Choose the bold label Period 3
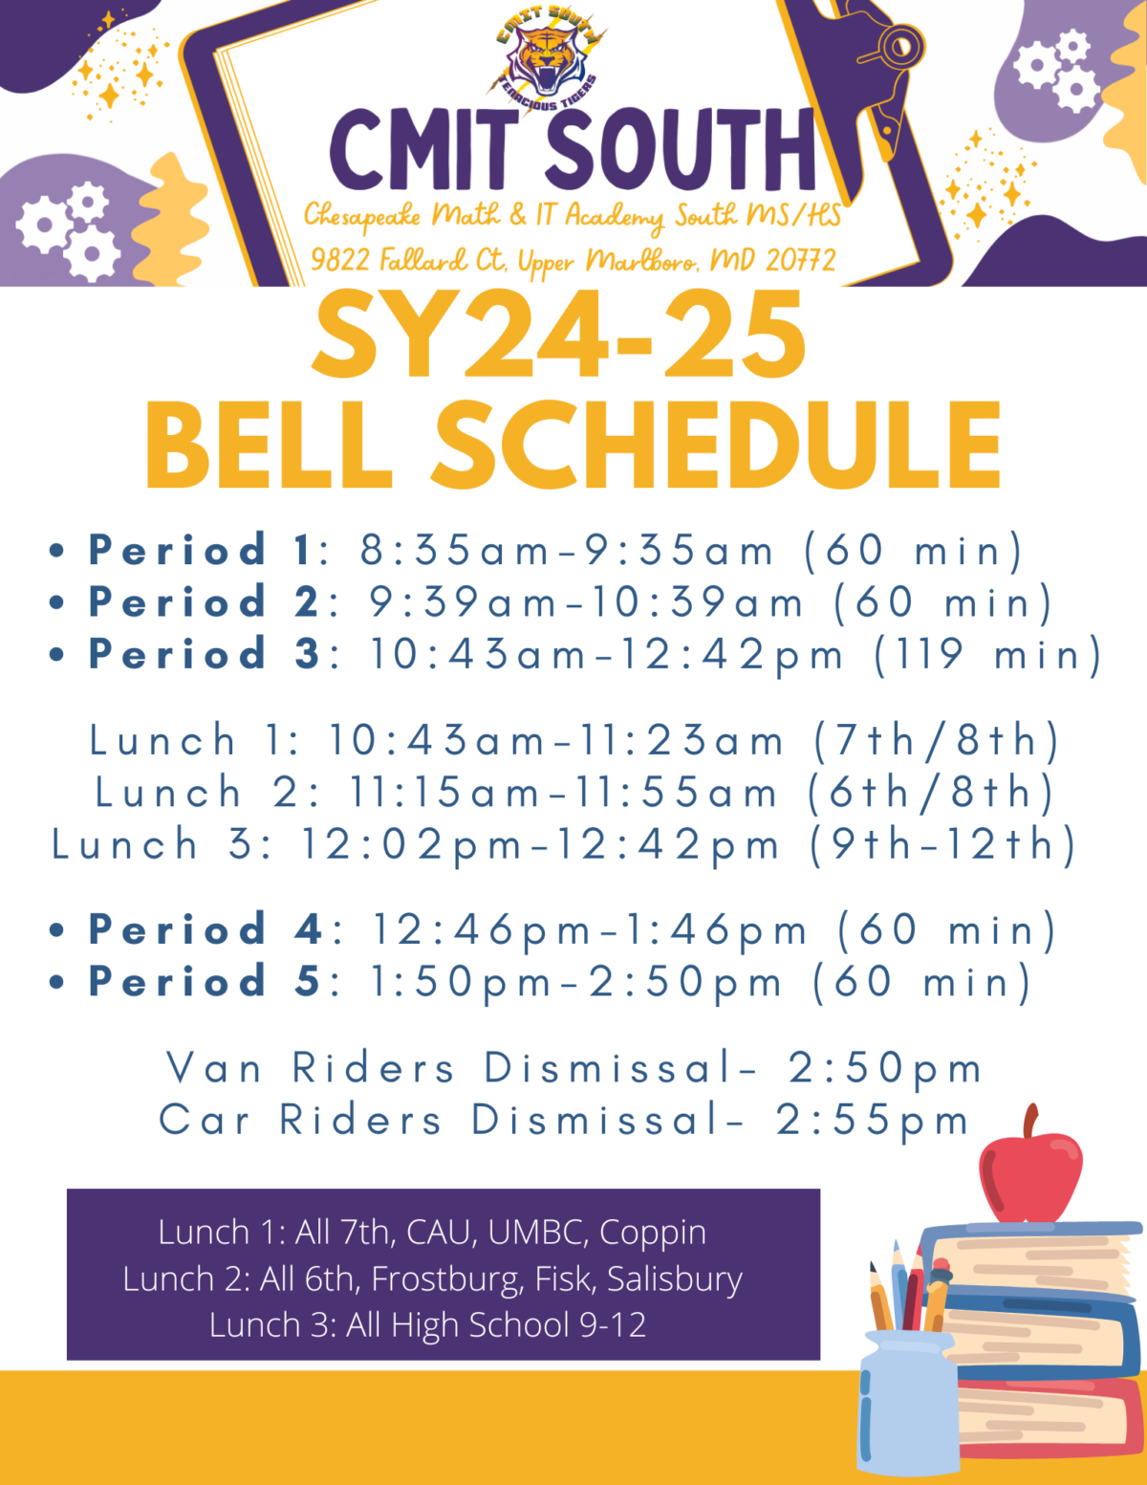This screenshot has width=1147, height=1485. [x=203, y=655]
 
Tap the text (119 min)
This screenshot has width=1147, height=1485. [x=988, y=655]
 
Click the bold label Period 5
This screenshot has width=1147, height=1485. [x=203, y=982]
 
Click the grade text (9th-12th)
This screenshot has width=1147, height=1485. [x=943, y=845]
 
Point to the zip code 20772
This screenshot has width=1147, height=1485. [x=800, y=259]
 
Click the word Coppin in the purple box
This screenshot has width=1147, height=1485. [x=653, y=1233]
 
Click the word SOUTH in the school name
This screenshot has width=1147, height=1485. [x=680, y=149]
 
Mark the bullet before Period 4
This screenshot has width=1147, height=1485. [x=57, y=930]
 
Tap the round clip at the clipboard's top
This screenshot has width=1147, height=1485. [x=900, y=45]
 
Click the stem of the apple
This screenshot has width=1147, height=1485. [x=1029, y=1122]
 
